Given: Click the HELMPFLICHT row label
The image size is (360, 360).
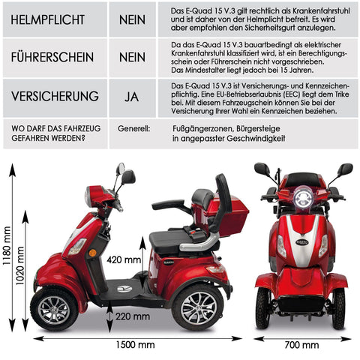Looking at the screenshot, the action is pyautogui.click(x=48, y=19).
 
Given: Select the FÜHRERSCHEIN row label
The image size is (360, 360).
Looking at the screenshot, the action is pyautogui.click(x=52, y=57).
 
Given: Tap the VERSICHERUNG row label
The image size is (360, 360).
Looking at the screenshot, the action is pyautogui.click(x=55, y=96).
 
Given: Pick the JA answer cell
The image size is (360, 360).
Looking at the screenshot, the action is pyautogui.click(x=132, y=97).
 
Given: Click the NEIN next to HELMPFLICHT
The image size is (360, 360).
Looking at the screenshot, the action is pyautogui.click(x=132, y=19).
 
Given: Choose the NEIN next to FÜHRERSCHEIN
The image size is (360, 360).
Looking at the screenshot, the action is pyautogui.click(x=132, y=57).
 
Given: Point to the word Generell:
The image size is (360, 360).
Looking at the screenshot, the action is pyautogui.click(x=134, y=129).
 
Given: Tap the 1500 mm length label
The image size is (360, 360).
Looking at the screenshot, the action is pyautogui.click(x=135, y=345).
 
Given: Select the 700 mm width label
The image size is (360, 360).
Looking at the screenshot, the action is pyautogui.click(x=301, y=345).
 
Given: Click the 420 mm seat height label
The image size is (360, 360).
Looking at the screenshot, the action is pyautogui.click(x=124, y=260).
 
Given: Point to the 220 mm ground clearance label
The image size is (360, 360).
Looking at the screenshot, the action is pyautogui.click(x=133, y=316).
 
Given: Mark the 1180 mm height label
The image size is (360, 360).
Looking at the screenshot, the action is pyautogui.click(x=6, y=246).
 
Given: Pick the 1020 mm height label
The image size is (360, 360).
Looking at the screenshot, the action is pyautogui.click(x=19, y=265).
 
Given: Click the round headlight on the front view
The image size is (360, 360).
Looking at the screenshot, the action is pyautogui.click(x=303, y=198).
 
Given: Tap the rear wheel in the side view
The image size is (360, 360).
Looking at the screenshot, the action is pyautogui.click(x=198, y=307).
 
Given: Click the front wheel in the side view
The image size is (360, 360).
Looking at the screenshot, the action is pyautogui.click(x=54, y=310).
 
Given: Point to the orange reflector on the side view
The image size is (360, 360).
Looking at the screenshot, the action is pyautogui.click(x=92, y=253).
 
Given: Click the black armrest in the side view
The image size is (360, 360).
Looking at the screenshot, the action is pyautogui.click(x=168, y=204).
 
